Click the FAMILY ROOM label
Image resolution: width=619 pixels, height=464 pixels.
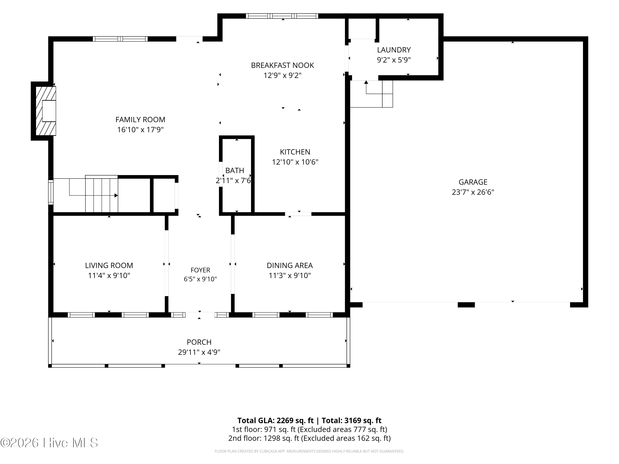140,120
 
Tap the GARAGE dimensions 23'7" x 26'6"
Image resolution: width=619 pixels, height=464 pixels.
473,192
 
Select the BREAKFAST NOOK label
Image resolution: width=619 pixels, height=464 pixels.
282,65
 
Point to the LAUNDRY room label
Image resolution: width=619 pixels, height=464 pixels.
394,50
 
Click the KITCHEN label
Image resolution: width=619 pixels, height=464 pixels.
295,152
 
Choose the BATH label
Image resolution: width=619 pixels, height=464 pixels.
235,170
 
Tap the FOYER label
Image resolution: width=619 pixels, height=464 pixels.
200,270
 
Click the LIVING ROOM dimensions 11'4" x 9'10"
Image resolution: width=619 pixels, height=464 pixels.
109,276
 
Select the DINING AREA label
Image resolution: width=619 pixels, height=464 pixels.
290,265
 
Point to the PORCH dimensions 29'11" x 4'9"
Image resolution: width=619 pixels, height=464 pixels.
199,352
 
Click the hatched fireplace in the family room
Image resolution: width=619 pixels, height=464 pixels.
46,111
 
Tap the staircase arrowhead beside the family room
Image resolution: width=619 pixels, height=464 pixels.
116,195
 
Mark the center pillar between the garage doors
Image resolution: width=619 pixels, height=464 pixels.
466,305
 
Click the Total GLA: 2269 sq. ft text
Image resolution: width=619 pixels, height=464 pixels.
275,420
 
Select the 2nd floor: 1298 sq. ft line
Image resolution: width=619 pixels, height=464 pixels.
309,438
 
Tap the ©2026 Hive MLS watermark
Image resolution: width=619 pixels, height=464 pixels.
49,443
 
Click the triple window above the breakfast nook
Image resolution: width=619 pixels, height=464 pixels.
282,16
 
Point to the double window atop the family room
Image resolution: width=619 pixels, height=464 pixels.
120,39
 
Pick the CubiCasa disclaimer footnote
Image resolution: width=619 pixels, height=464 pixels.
309,451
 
